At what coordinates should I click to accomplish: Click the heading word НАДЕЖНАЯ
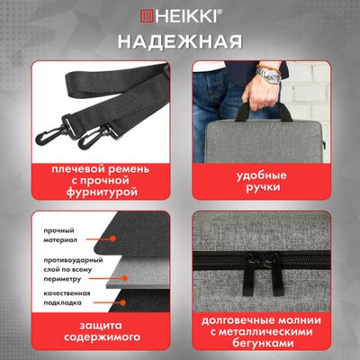click(179, 41)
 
